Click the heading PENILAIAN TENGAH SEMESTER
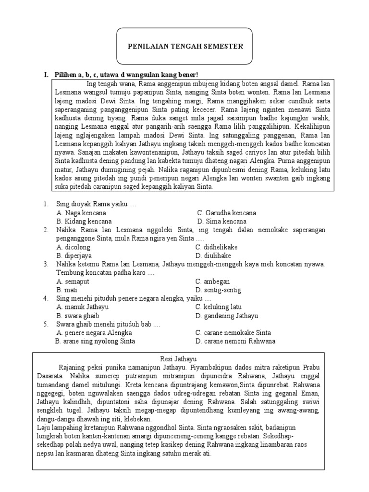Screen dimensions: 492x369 click(x=185, y=47)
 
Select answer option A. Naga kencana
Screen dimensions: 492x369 click(x=81, y=213)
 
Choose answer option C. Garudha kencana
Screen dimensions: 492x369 click(x=226, y=213)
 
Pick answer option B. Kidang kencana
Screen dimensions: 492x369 click(x=84, y=221)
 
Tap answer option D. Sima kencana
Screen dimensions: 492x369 click(x=221, y=221)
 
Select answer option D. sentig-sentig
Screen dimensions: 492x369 click(x=218, y=290)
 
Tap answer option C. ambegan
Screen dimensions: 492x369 click(x=212, y=282)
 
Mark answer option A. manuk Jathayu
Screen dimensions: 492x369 click(x=83, y=307)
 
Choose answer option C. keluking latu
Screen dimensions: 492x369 click(x=218, y=307)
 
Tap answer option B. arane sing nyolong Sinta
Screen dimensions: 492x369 click(x=95, y=342)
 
